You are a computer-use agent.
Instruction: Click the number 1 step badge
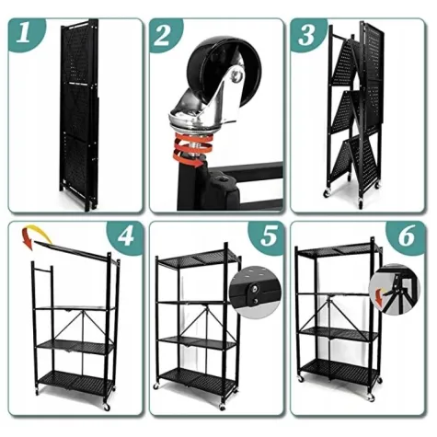pyautogui.click(x=25, y=33)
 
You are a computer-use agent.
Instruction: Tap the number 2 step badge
pyautogui.click(x=164, y=34)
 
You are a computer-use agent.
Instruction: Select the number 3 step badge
pyautogui.click(x=306, y=34)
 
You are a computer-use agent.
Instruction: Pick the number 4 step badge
pyautogui.click(x=126, y=236)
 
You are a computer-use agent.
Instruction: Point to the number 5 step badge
pyautogui.click(x=266, y=236)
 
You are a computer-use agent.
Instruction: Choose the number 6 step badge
pyautogui.click(x=407, y=236)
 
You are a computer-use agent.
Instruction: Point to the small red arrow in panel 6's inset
pyautogui.click(x=380, y=297)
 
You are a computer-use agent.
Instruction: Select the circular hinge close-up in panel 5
pyautogui.click(x=255, y=293)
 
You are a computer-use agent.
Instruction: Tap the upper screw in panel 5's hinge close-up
pyautogui.click(x=254, y=288)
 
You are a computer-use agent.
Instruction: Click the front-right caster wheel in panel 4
pyautogui.click(x=107, y=407)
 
